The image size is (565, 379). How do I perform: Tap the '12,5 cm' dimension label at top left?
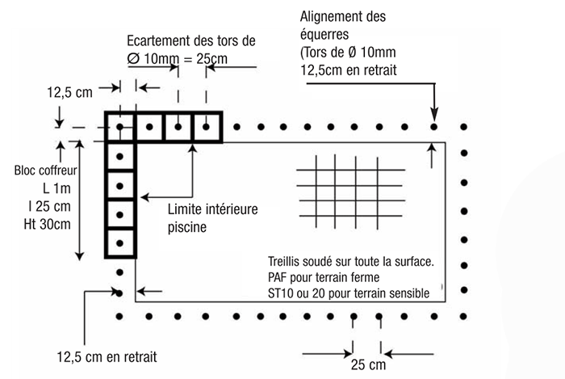[x=70, y=93]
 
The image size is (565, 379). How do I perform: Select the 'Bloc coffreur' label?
[x=46, y=171]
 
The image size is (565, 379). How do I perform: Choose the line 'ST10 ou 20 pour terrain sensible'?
[x=349, y=291]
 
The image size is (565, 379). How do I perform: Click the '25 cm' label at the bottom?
[x=368, y=364]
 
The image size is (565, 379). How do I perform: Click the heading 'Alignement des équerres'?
[x=343, y=26]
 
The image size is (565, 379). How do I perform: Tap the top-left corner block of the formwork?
[x=120, y=128]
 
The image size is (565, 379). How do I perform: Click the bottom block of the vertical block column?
[x=120, y=242]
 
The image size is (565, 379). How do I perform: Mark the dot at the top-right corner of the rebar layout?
[x=463, y=128]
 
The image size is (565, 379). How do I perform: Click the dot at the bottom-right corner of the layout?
[x=463, y=315]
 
